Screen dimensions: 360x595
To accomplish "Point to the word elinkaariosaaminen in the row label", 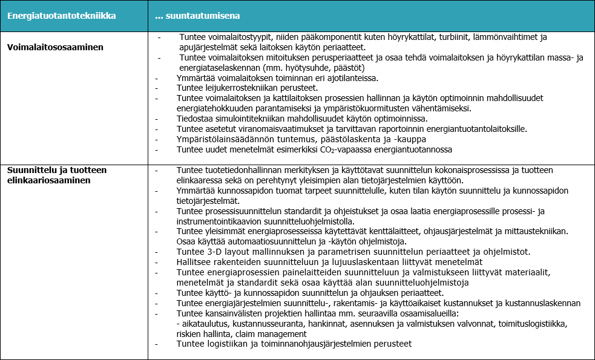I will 53,180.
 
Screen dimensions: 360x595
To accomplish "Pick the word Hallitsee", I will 195,262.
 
